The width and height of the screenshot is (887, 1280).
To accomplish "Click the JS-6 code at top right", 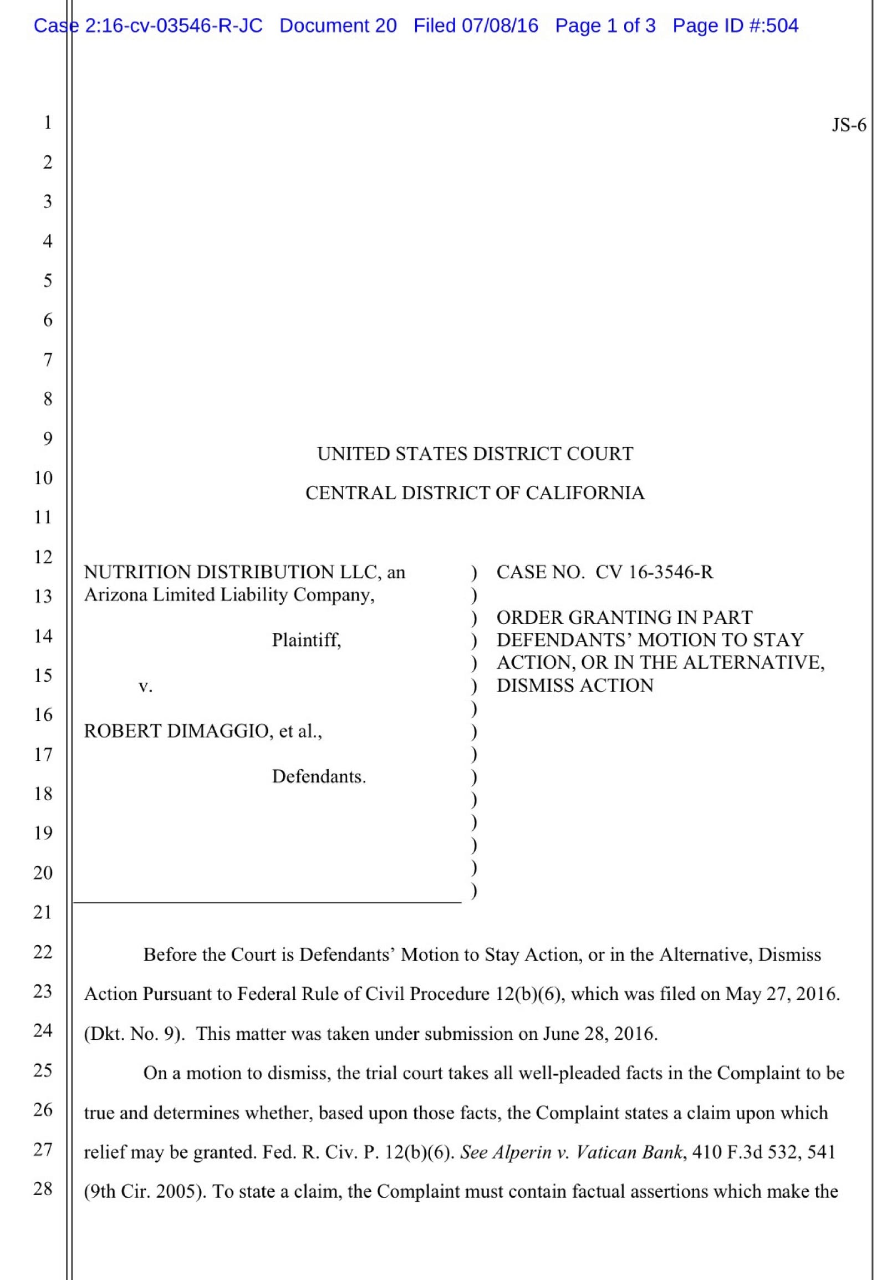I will click(848, 126).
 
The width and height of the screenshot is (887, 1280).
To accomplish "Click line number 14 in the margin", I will click(43, 636).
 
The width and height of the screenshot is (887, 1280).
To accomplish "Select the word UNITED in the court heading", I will click(354, 454).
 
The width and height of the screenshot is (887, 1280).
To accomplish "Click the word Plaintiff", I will click(306, 640).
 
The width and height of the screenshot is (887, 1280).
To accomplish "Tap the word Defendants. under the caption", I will click(318, 776).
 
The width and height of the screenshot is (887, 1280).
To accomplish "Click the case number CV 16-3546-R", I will click(654, 572).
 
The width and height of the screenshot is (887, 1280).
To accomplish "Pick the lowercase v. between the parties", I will click(145, 686).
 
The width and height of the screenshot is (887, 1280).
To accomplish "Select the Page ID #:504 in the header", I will click(735, 26).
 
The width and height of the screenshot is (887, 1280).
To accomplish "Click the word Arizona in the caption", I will click(116, 595).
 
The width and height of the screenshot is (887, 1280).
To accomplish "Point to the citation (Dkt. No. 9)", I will click(134, 1034).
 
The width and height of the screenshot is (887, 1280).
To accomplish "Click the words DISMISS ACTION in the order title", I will click(575, 685).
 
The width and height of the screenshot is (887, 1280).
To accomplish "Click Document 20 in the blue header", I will click(338, 26).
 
